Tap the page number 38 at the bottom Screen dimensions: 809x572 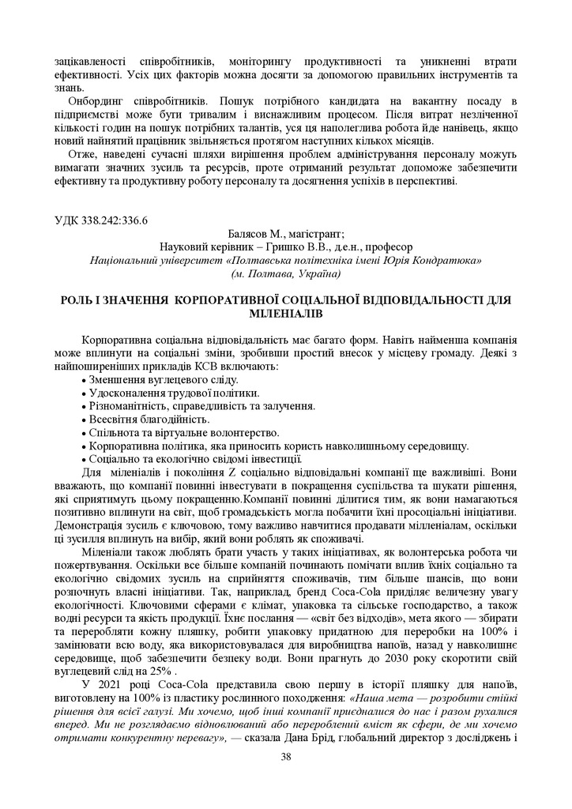[x=286, y=757]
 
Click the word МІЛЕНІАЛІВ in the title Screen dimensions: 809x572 [x=286, y=314]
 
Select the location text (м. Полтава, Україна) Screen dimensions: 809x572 [x=285, y=274]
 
